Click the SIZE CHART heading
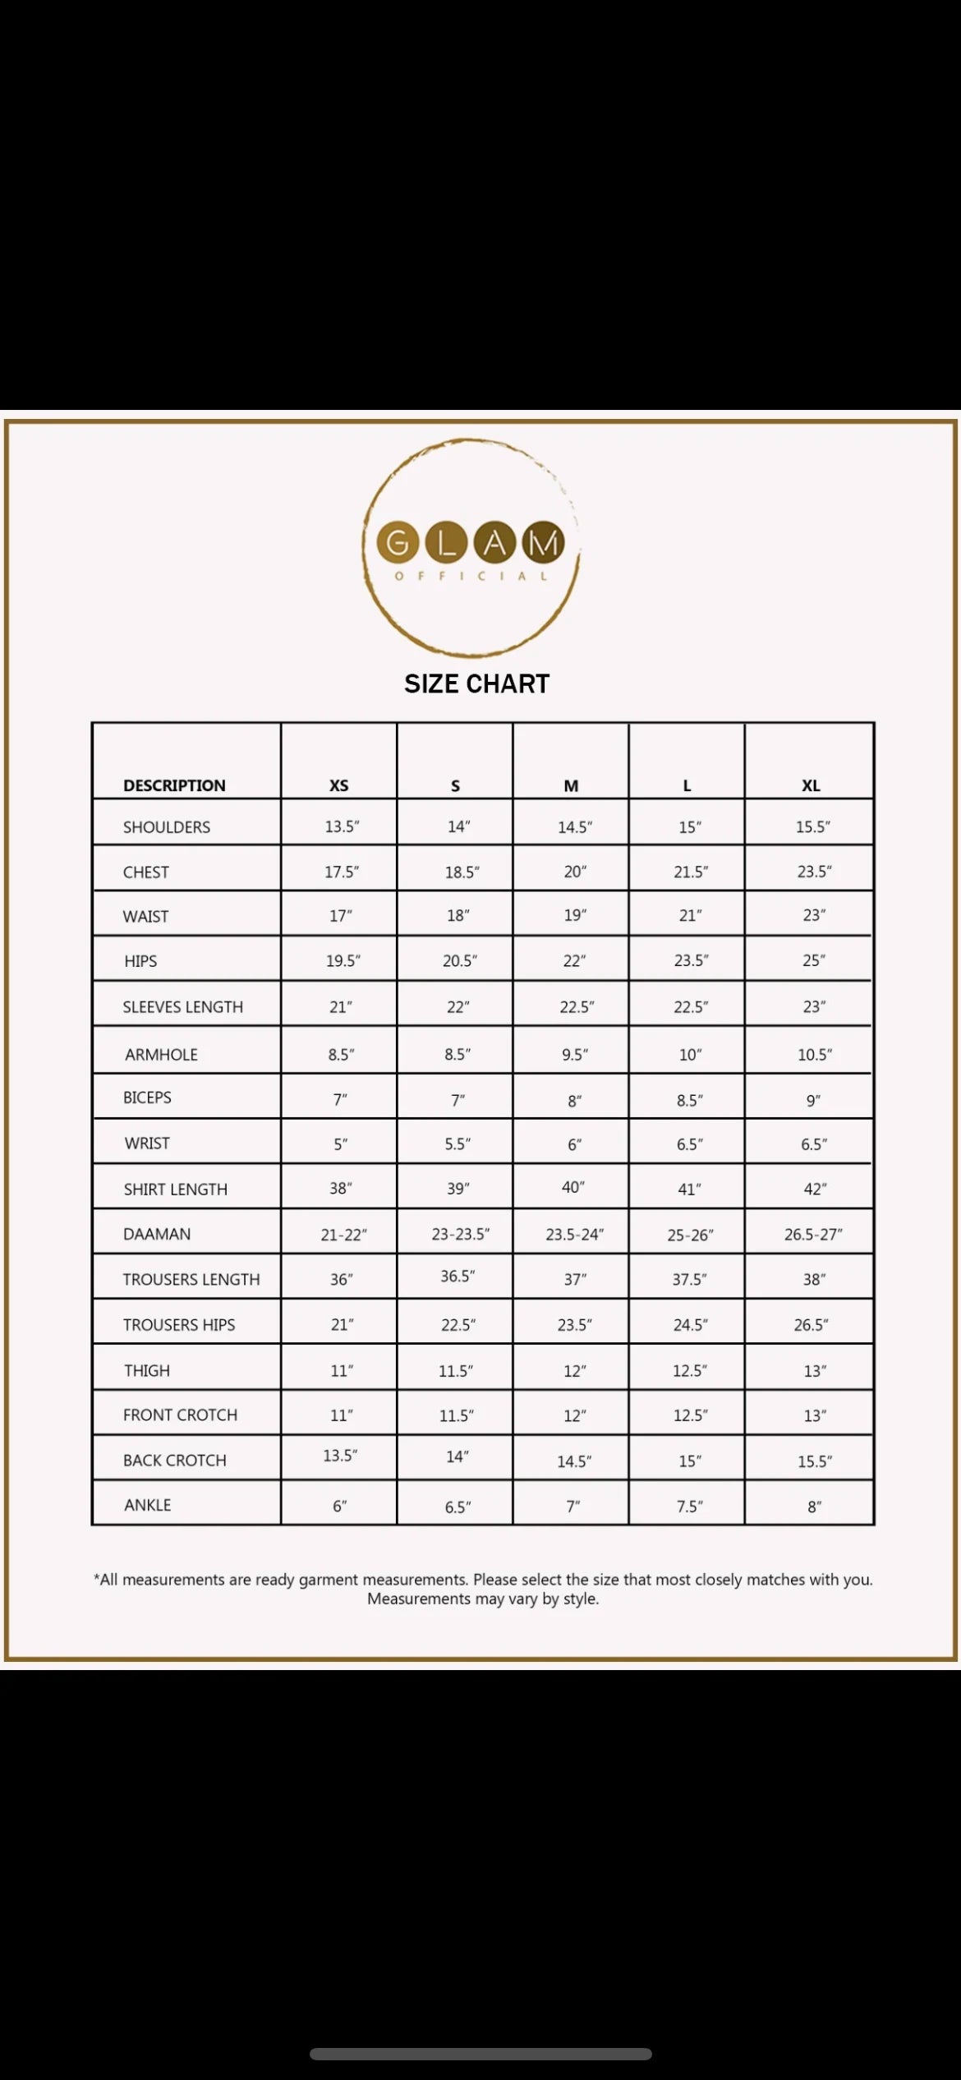476,683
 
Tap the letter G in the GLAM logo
398,542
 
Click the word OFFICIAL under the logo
471,576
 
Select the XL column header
811,785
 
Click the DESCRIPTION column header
174,785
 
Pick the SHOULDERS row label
167,827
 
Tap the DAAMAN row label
157,1234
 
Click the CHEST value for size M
575,872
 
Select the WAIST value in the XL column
814,915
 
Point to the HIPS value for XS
343,960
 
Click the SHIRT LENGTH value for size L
690,1189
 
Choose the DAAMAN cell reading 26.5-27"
813,1234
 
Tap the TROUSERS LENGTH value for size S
458,1276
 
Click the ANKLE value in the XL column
814,1507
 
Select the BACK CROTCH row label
174,1460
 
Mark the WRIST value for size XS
340,1144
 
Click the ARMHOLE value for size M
575,1055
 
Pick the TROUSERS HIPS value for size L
690,1324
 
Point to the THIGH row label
147,1370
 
